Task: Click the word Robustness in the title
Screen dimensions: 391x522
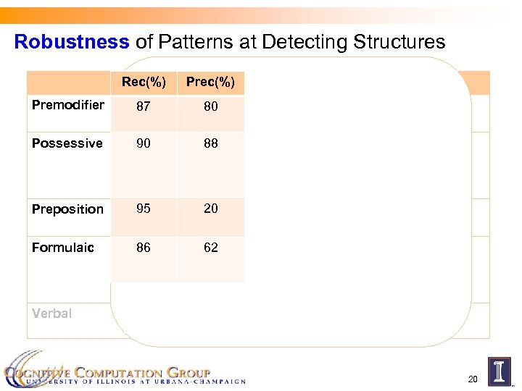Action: click(71, 42)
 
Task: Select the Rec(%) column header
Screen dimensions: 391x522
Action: click(144, 83)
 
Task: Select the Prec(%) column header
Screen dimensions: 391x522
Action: click(210, 83)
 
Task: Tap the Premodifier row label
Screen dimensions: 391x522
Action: click(67, 106)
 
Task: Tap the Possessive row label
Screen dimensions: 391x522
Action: click(67, 143)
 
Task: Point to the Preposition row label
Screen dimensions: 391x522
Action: click(67, 209)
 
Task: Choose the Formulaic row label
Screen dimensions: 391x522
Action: click(63, 248)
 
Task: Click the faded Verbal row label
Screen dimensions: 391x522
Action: click(51, 314)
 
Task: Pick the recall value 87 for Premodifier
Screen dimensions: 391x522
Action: click(144, 107)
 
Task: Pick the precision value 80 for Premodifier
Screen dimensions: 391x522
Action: click(210, 107)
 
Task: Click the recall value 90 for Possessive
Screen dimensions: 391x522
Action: click(144, 143)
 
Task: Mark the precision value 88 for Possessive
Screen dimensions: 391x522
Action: click(210, 143)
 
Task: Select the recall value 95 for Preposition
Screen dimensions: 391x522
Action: click(144, 209)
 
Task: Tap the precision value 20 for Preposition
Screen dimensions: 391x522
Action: click(210, 209)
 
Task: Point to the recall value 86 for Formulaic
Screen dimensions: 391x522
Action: click(144, 248)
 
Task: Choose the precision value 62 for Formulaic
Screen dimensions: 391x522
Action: click(210, 248)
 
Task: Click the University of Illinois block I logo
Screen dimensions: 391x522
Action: click(499, 370)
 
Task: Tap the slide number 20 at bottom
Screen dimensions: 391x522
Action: click(473, 379)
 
